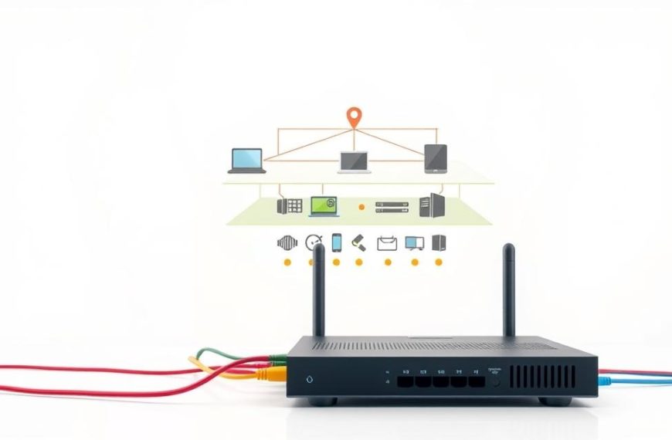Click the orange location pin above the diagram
click(354, 117)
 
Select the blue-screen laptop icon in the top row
click(246, 160)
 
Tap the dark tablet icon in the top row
click(436, 158)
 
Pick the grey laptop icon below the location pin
click(355, 161)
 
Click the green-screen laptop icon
click(324, 205)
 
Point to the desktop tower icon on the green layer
click(431, 205)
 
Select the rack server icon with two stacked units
click(390, 206)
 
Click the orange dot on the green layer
click(361, 207)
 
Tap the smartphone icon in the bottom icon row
click(337, 242)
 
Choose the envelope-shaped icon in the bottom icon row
click(386, 243)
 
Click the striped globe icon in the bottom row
click(287, 243)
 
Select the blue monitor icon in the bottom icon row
click(414, 243)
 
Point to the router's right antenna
click(508, 290)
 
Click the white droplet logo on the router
click(310, 380)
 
